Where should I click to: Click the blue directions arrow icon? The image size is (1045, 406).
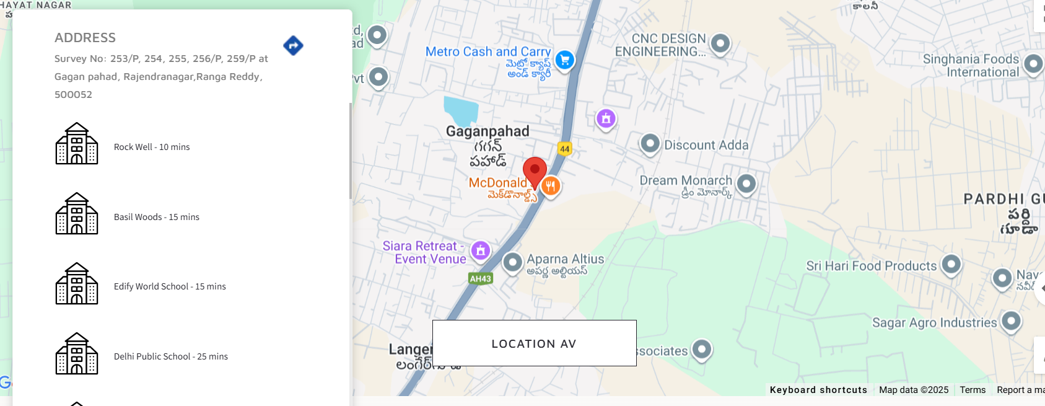[293, 45]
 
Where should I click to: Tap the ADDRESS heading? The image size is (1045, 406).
[85, 38]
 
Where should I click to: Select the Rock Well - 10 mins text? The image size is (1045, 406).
[152, 147]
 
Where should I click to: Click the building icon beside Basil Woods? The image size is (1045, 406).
[77, 213]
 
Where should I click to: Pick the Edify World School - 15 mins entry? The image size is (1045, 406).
[170, 286]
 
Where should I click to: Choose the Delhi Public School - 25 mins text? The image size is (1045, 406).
[171, 356]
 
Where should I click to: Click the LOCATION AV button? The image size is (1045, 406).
[534, 343]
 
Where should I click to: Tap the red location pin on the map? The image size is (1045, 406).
[535, 170]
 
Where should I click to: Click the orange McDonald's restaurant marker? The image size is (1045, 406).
[550, 185]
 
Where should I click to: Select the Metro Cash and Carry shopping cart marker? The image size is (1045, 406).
[564, 60]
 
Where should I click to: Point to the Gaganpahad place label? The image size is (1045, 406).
[488, 131]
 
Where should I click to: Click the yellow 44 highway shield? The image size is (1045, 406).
[564, 149]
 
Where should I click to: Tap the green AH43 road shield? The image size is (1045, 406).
[480, 278]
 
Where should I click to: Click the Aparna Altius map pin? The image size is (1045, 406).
[512, 262]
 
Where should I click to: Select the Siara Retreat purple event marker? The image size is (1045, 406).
[481, 250]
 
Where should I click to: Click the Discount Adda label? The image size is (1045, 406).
[706, 145]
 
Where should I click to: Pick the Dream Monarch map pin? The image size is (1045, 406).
[746, 183]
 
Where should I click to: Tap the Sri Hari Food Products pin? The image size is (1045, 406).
[951, 265]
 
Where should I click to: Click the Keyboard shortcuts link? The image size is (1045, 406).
[818, 390]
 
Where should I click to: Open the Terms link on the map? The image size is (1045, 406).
[973, 390]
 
